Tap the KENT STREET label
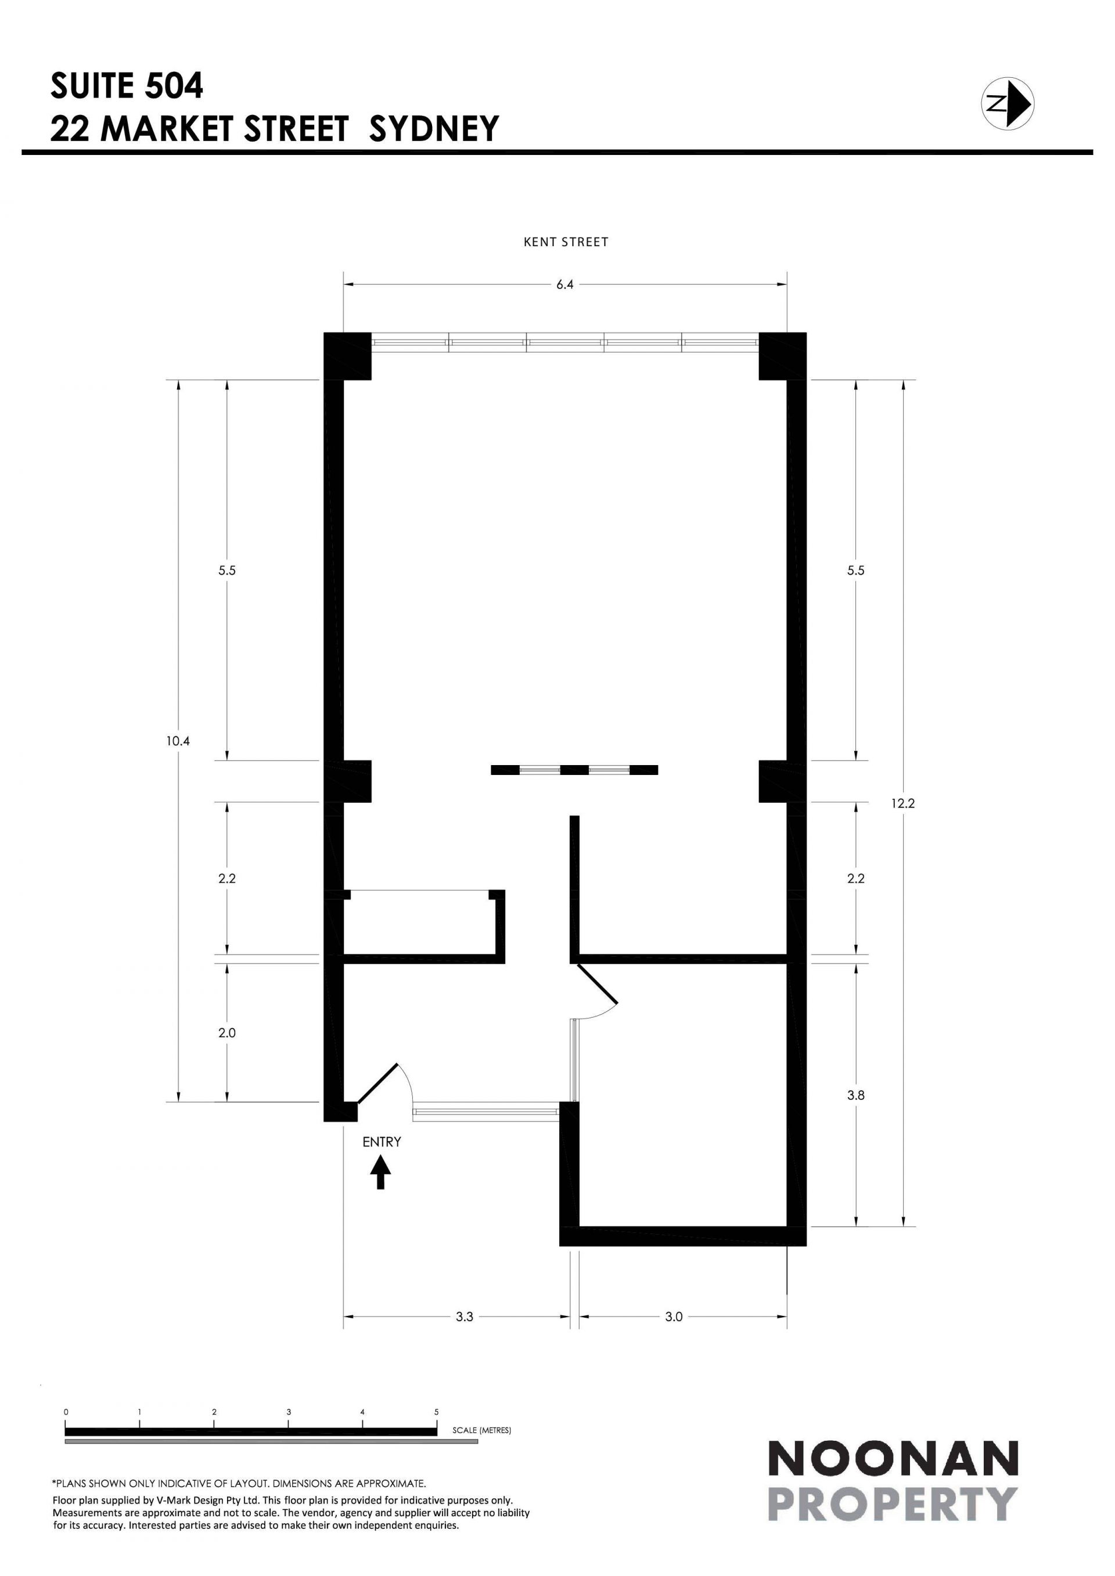[566, 241]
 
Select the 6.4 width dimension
[565, 284]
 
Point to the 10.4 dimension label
[177, 741]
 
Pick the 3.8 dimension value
[855, 1095]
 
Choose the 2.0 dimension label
[226, 1032]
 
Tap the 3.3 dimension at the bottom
[464, 1317]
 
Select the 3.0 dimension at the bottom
[674, 1317]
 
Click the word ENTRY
[382, 1141]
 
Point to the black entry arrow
[380, 1173]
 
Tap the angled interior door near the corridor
[598, 984]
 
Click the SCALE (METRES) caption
[482, 1430]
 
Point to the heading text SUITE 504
[127, 86]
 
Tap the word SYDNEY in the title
[434, 128]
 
